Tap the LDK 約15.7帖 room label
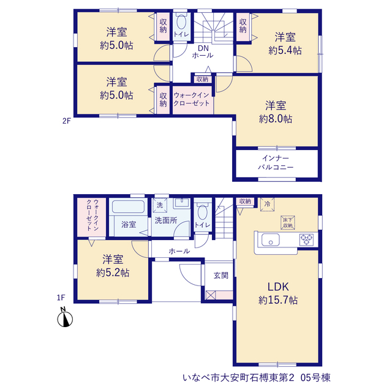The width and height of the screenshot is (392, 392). [x=278, y=293]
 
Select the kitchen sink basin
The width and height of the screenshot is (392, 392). [x=271, y=240]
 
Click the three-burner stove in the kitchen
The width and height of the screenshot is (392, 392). [x=307, y=239]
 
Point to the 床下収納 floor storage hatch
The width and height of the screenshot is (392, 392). [x=288, y=223]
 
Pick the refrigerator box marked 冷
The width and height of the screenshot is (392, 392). [x=267, y=204]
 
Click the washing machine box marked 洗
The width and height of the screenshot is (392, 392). [x=160, y=205]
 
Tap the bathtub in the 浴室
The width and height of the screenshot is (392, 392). [x=128, y=207]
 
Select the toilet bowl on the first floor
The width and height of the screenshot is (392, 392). [x=203, y=213]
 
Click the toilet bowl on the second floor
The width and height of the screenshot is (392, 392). [x=181, y=22]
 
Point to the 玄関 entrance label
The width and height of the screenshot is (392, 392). [x=221, y=276]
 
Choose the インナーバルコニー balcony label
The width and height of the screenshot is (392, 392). [x=276, y=162]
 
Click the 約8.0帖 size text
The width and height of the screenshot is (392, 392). [x=276, y=119]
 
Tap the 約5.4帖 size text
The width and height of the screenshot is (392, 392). [x=285, y=51]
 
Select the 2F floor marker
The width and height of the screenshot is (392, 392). [x=67, y=121]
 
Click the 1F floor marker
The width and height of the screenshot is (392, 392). [x=61, y=298]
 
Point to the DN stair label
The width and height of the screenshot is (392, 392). [x=203, y=48]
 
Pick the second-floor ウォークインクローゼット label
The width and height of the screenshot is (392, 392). [x=192, y=99]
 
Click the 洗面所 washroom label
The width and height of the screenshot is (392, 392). [x=166, y=221]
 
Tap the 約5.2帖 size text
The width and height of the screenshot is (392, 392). [x=113, y=273]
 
